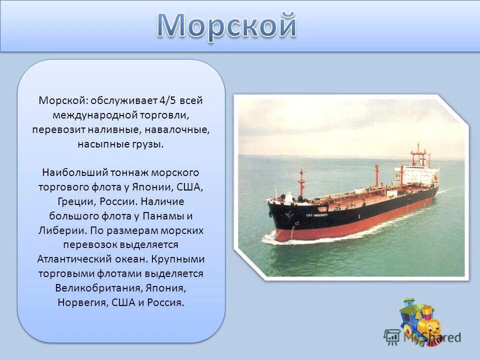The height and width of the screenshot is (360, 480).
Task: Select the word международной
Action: [94, 115]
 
